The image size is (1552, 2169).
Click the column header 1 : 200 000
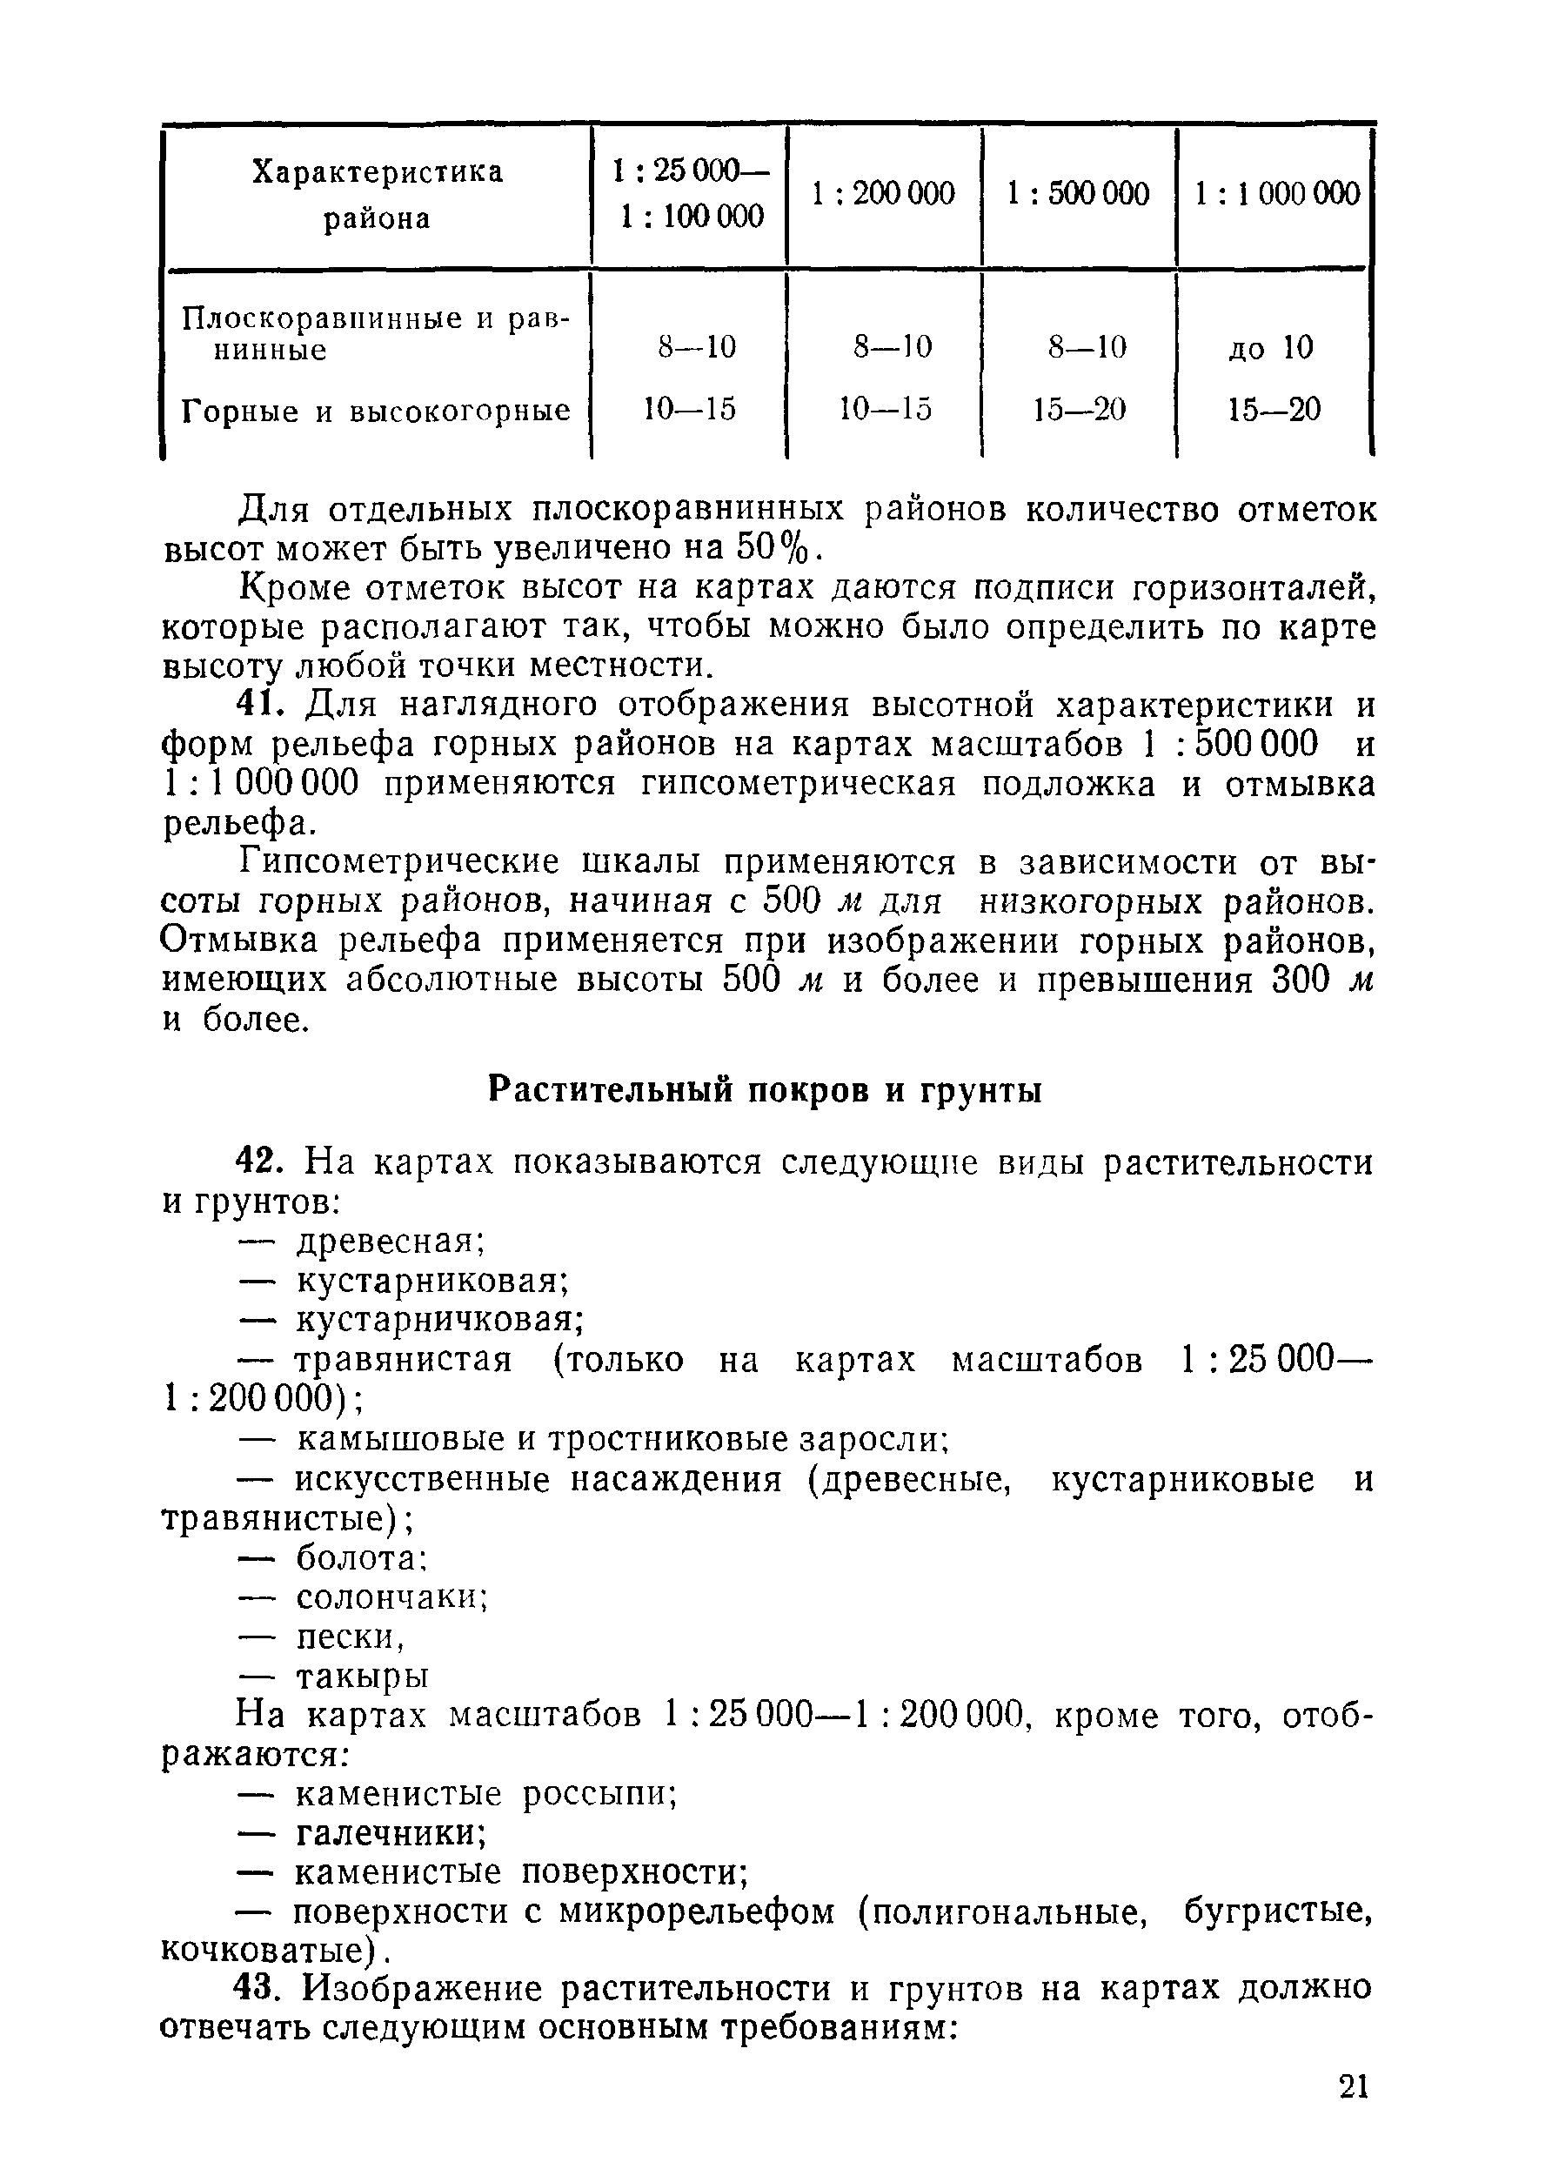[883, 194]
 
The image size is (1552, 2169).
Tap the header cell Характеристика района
[377, 195]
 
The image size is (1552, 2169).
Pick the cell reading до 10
[1271, 347]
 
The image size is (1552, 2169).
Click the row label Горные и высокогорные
[376, 411]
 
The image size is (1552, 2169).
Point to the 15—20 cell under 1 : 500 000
[1079, 410]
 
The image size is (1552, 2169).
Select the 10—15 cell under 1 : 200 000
[884, 410]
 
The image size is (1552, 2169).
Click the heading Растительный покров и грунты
[765, 1089]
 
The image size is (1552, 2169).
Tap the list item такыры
[362, 1676]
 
